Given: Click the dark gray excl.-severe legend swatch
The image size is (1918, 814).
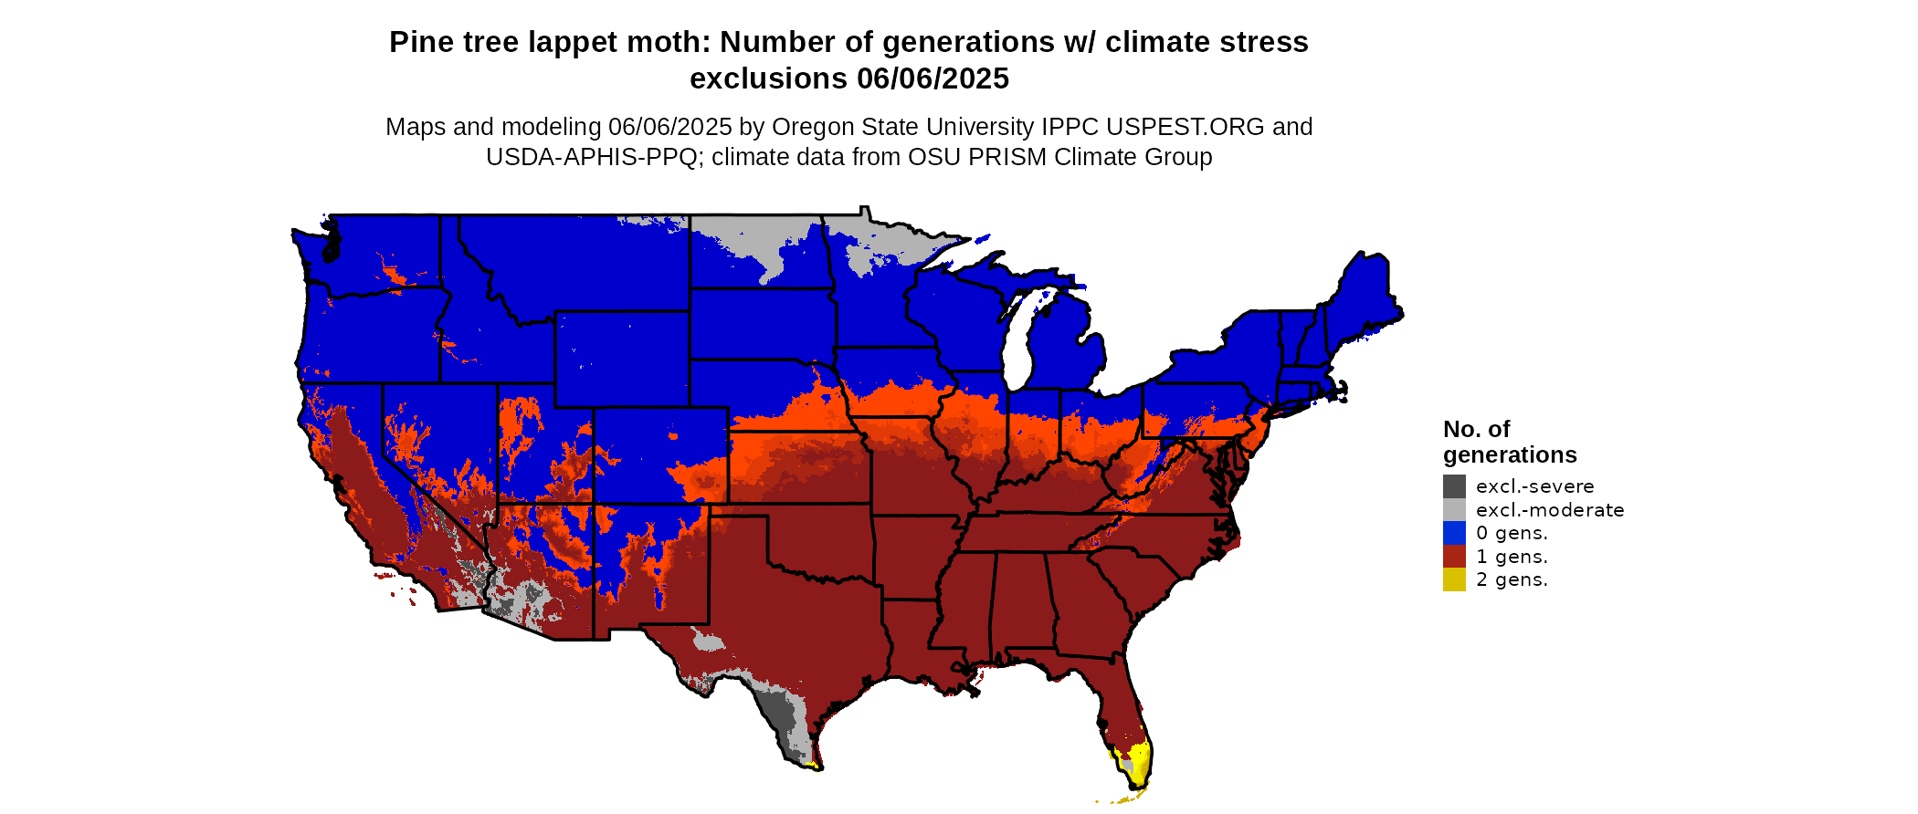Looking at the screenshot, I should pyautogui.click(x=1454, y=486).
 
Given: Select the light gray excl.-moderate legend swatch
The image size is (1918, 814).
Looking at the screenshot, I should pyautogui.click(x=1454, y=510).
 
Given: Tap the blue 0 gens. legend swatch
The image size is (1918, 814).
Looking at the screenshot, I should pyautogui.click(x=1454, y=533).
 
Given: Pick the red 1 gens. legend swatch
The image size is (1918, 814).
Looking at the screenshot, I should pyautogui.click(x=1454, y=557).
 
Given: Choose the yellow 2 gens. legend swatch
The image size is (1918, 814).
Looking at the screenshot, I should pyautogui.click(x=1454, y=579).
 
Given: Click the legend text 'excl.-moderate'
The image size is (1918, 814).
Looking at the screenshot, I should pyautogui.click(x=1550, y=510).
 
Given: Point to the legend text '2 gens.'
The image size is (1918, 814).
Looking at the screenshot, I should pyautogui.click(x=1512, y=579).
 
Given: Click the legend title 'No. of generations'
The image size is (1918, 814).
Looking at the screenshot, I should pyautogui.click(x=1509, y=442).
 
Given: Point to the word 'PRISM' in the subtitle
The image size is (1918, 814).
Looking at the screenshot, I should pyautogui.click(x=1007, y=157).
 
